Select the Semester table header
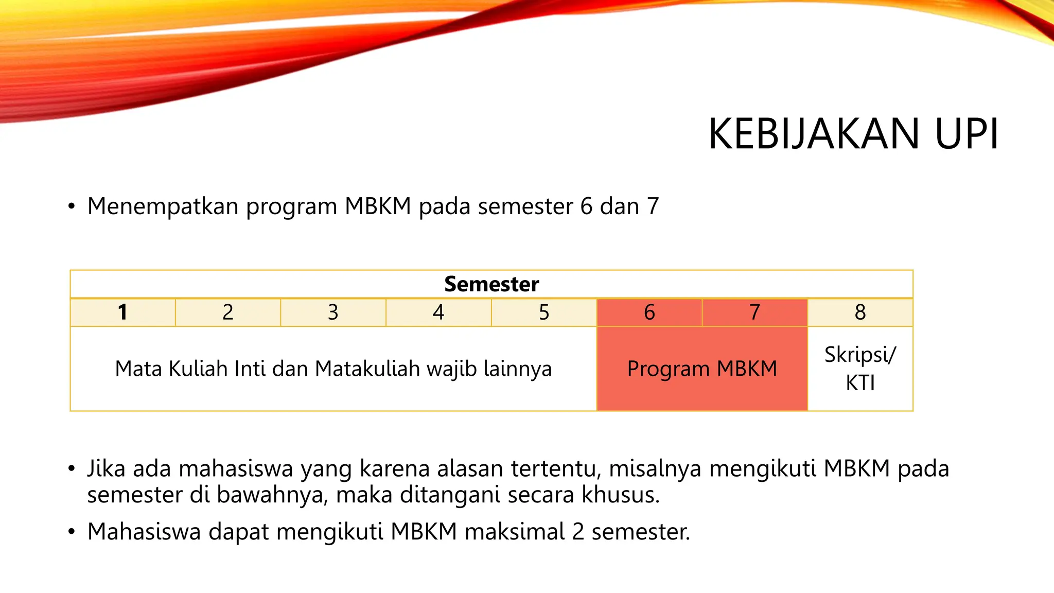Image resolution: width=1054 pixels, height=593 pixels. click(x=491, y=284)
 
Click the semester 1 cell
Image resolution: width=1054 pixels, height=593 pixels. click(x=122, y=312)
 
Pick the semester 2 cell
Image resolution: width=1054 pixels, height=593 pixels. click(x=228, y=312)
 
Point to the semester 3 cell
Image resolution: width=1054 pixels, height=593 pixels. click(x=333, y=312)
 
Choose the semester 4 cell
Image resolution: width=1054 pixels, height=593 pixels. click(x=438, y=312)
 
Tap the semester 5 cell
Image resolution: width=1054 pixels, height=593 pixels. click(x=544, y=312)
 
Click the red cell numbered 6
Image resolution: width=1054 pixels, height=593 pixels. click(x=649, y=312)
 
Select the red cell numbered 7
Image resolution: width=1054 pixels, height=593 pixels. click(x=754, y=312)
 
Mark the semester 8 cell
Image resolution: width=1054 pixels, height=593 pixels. click(x=860, y=312)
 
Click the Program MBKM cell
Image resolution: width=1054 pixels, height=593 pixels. click(x=702, y=369)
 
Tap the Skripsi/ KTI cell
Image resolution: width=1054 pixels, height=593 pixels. click(x=860, y=369)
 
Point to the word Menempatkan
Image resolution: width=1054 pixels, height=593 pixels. click(x=163, y=206)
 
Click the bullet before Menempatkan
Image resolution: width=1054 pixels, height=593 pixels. click(x=72, y=207)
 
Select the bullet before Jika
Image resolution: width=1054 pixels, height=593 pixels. click(x=72, y=469)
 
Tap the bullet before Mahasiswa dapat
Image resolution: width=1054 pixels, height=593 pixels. click(x=72, y=532)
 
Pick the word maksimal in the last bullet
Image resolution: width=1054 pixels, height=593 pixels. click(x=514, y=532)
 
